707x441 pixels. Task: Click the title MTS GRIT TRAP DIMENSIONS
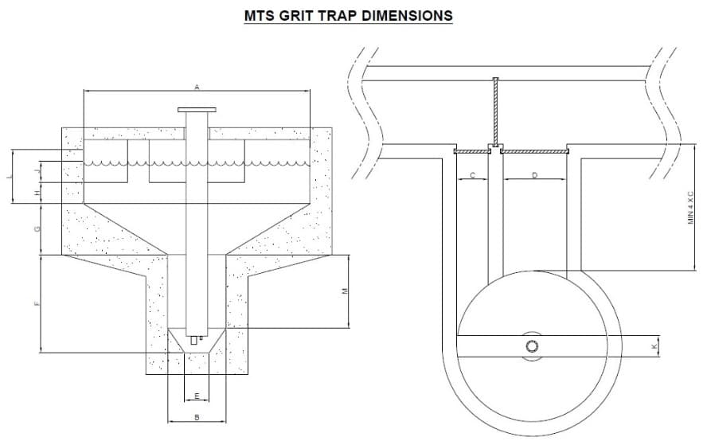coord(349,15)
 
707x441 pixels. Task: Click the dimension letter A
coord(197,86)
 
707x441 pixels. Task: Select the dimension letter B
coord(197,416)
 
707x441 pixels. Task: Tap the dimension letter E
coord(197,396)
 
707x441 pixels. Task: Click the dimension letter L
coord(10,176)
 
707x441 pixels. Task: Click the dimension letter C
coord(471,174)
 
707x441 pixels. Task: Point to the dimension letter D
coord(534,174)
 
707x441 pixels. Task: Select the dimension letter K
coord(654,346)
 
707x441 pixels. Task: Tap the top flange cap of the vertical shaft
coord(197,110)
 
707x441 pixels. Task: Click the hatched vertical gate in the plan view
coord(494,111)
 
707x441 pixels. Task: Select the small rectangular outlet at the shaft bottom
coord(193,340)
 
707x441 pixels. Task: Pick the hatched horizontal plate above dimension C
coord(471,149)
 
